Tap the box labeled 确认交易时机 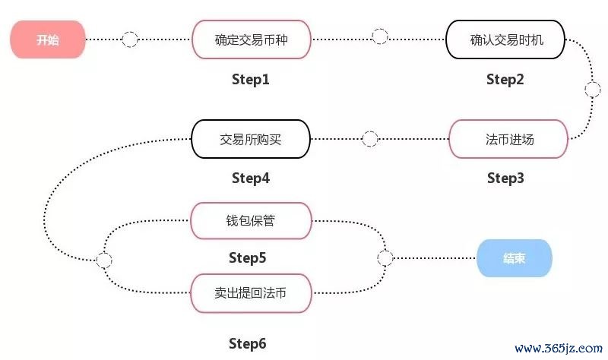505,39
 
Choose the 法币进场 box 508,139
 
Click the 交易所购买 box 251,139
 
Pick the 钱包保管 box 251,222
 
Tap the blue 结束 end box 514,258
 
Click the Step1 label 250,79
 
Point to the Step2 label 505,79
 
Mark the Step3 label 505,178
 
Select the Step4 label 250,178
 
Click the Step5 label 247,258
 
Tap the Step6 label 247,343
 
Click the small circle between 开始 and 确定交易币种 130,38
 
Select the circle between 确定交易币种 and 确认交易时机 379,36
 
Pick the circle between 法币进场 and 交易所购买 370,139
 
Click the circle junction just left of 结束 385,258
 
